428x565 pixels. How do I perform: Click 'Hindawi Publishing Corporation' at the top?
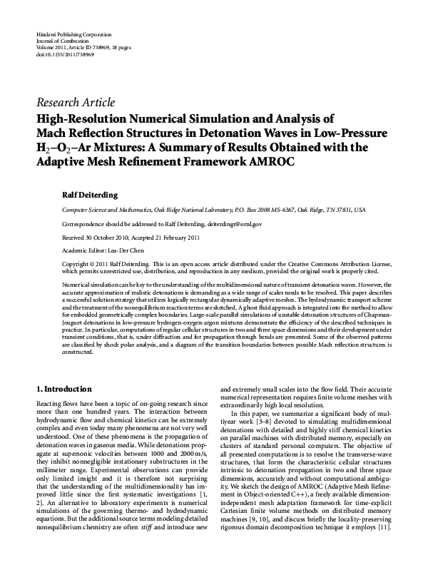coord(73,35)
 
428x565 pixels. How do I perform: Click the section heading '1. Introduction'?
coord(64,389)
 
